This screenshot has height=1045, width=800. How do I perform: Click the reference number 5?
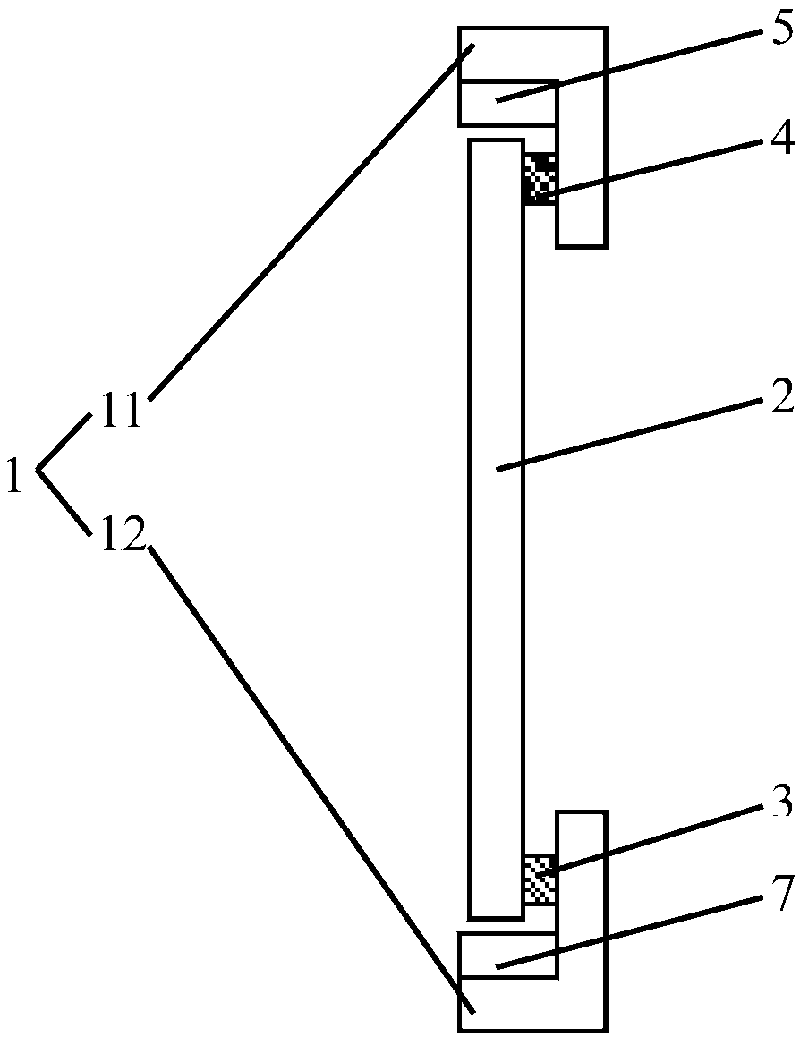click(782, 32)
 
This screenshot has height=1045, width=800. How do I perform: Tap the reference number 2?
click(782, 399)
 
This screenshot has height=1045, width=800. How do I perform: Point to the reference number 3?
click(782, 803)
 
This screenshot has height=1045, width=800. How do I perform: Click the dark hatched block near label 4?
click(540, 176)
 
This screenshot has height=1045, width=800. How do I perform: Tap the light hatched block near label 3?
click(540, 879)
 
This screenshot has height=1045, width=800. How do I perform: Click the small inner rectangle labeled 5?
click(507, 101)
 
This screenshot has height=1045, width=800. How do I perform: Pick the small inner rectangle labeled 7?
click(507, 955)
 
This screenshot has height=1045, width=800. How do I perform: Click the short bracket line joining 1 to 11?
click(64, 440)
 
